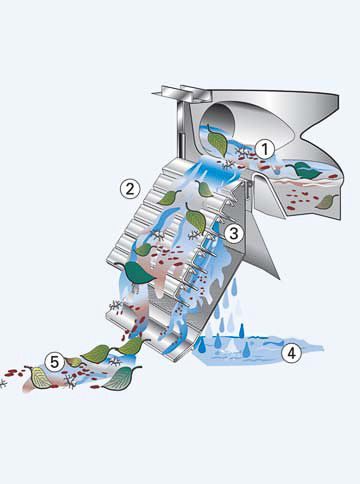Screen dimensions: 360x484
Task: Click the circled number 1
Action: [265, 149]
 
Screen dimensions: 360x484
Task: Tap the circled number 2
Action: [129, 189]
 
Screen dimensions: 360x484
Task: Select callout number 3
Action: [234, 233]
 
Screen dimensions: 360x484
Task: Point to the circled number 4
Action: [292, 353]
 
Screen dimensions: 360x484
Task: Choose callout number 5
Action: [54, 362]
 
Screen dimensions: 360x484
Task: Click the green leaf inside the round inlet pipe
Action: [217, 142]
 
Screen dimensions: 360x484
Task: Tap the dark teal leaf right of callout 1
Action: [306, 170]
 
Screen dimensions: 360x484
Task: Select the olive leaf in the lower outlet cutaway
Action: [327, 202]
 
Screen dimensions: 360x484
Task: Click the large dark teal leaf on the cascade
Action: [136, 272]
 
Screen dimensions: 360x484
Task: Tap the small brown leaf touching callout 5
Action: [74, 362]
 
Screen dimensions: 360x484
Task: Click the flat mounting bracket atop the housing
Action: [182, 93]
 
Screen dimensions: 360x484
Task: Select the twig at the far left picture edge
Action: [3, 383]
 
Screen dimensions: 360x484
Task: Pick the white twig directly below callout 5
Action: [70, 382]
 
